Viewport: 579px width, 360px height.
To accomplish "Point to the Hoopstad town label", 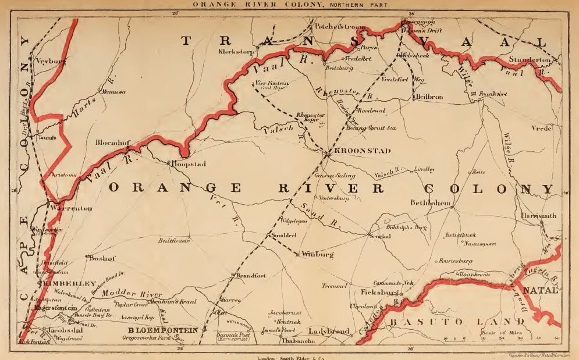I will [x=188, y=165].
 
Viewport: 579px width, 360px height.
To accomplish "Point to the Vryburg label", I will [x=49, y=60].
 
